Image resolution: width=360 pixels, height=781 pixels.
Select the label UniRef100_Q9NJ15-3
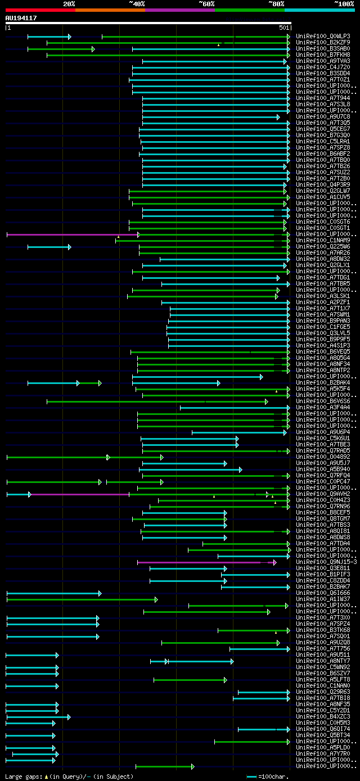pyautogui.click(x=326, y=562)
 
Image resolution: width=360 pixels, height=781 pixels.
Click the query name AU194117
pyautogui.click(x=21, y=18)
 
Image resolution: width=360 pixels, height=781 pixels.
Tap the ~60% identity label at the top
pyautogui.click(x=206, y=4)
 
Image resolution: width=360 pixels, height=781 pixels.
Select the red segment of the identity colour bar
pyautogui.click(x=40, y=10)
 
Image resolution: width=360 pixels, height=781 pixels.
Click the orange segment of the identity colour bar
pyautogui.click(x=110, y=10)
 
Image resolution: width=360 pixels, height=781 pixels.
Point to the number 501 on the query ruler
pyautogui.click(x=283, y=28)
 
